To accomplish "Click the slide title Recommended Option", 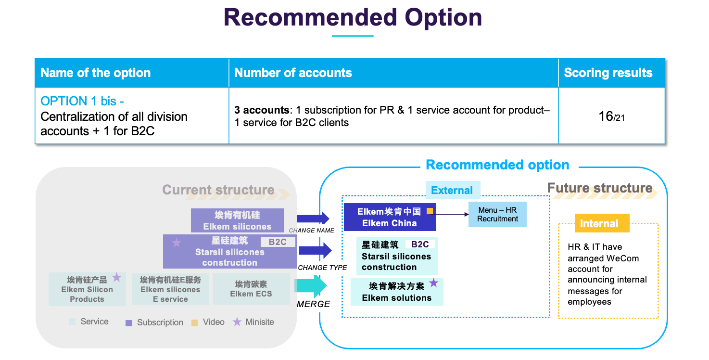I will pos(353,18).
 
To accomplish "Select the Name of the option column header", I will pos(96,73).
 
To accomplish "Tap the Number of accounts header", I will pos(293,73).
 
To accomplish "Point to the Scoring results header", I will pos(608,73).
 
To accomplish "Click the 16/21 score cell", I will pos(611,116).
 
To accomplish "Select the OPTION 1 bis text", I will pos(82,102).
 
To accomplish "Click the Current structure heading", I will pos(218,190).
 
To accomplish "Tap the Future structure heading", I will pos(600,188).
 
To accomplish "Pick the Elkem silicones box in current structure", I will pos(237,220).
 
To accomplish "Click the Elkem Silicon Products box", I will pos(87,289).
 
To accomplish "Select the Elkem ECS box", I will pos(251,289).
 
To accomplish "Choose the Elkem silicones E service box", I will pos(170,289).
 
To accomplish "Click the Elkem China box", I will pos(390,217).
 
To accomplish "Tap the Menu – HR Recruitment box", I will pos(497,215).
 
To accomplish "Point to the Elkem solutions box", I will pos(397,292).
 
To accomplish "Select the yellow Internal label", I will pos(599,223).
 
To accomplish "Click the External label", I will pos(452,191).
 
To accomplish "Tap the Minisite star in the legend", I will pos(237,322).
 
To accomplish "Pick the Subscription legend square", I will pos(129,323).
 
